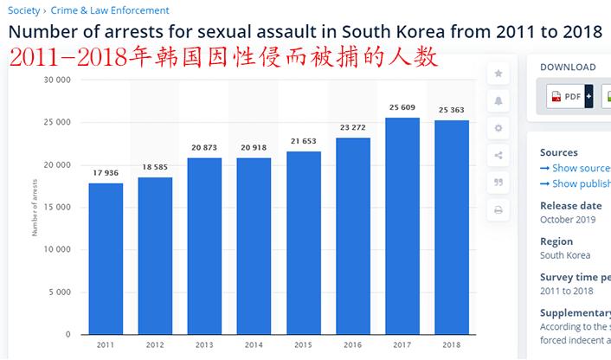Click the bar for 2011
click(106, 259)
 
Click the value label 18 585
click(155, 165)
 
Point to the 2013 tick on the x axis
click(204, 344)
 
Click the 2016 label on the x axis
click(352, 344)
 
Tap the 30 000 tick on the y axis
click(57, 80)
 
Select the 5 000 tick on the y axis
click(60, 292)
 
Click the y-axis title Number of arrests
click(35, 208)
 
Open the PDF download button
click(566, 97)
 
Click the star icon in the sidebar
click(498, 74)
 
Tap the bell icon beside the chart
click(498, 100)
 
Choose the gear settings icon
click(498, 128)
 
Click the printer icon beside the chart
click(498, 209)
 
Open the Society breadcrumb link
click(23, 10)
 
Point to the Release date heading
click(570, 206)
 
